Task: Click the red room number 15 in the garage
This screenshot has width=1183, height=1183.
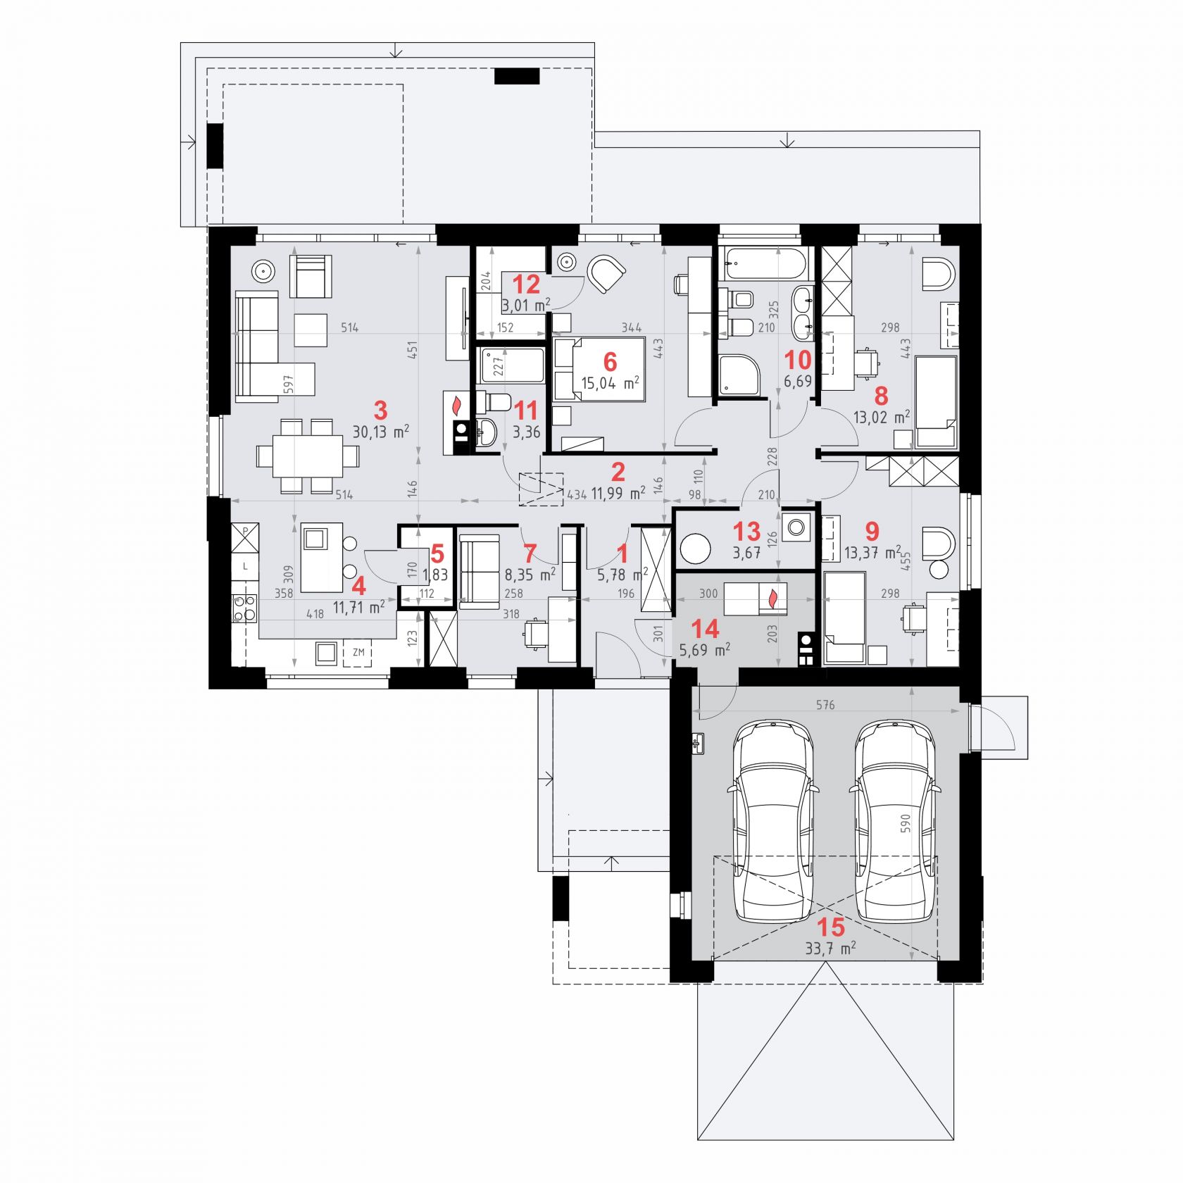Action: tap(830, 926)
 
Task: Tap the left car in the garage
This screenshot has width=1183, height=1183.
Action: tap(773, 821)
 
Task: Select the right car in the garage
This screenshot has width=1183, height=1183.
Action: tap(895, 821)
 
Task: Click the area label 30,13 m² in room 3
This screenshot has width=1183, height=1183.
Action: tap(380, 431)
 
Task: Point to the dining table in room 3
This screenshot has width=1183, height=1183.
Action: tap(308, 456)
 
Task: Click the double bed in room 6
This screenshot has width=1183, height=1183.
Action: tap(599, 370)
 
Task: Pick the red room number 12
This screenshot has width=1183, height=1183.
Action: tap(526, 284)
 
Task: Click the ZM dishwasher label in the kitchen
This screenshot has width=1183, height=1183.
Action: tap(358, 652)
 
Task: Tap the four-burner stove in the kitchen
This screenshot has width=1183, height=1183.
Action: tap(244, 608)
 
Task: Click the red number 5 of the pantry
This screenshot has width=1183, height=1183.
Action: tap(437, 553)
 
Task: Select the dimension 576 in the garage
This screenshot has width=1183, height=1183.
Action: tap(825, 705)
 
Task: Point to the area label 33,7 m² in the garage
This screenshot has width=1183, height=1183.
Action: tap(830, 948)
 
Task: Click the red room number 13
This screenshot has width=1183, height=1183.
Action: tap(746, 530)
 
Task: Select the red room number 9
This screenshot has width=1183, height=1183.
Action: tap(872, 530)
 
